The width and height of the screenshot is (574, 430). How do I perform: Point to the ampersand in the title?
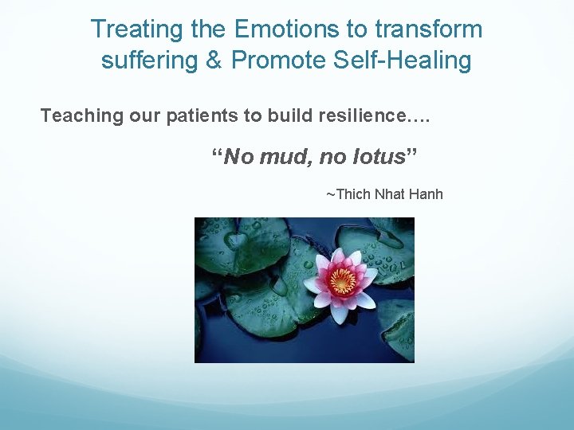tap(214, 61)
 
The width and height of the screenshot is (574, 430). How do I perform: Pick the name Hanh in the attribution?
tap(428, 194)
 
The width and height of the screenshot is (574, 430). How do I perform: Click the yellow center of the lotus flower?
tap(343, 281)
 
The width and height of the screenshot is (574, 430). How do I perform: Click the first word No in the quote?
tap(236, 157)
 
